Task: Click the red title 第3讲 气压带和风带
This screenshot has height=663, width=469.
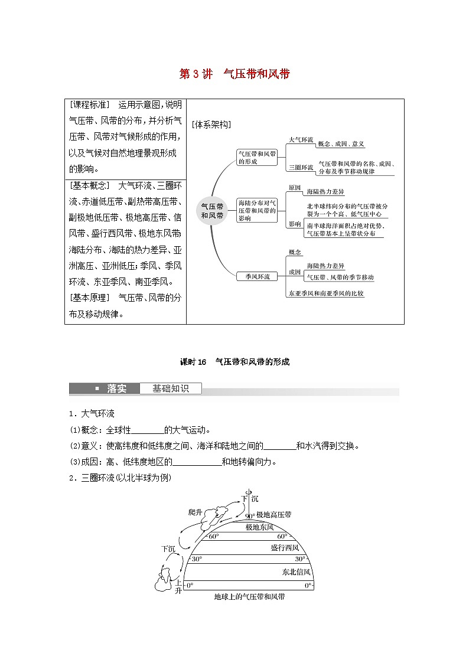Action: (234, 74)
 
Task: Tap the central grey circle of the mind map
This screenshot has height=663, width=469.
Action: (212, 211)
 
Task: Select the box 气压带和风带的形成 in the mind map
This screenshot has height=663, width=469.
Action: (256, 156)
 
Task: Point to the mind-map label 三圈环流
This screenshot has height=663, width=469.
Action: (301, 168)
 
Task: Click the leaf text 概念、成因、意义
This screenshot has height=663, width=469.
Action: (341, 144)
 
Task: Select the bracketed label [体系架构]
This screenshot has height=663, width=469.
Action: (211, 125)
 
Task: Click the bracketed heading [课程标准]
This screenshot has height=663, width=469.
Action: (90, 105)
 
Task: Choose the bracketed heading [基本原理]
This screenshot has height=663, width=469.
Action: (90, 298)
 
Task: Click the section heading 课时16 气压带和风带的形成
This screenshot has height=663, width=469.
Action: (234, 362)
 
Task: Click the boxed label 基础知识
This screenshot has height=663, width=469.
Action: (170, 388)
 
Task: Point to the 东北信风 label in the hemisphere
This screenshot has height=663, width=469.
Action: (296, 572)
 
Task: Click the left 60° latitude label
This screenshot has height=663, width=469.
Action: (213, 537)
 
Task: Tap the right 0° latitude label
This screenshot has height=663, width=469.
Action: (308, 586)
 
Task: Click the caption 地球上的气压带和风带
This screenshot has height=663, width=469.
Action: (249, 597)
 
